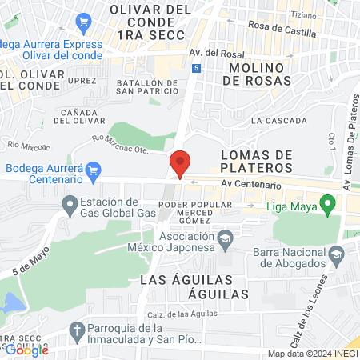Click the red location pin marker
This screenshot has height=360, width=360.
180,163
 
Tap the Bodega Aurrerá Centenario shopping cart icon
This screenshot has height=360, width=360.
94,170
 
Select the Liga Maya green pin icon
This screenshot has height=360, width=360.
326,204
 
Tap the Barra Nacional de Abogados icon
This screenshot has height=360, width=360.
337,254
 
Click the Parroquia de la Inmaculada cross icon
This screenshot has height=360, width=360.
77,329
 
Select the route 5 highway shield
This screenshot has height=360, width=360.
196,69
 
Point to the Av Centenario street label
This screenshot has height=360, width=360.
251,186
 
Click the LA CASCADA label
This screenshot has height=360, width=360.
278,121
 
